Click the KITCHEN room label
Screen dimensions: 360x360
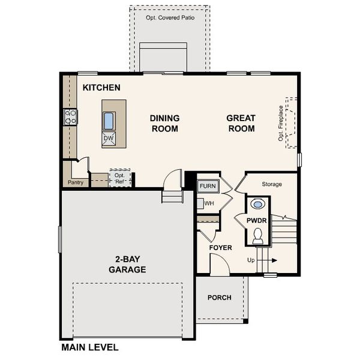coord(101,88)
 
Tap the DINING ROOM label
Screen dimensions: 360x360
coord(164,123)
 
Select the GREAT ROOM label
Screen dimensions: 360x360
coord(241,123)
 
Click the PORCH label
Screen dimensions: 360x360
coord(220,298)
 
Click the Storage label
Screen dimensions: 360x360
coord(271,184)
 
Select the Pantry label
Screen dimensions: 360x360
coord(76,182)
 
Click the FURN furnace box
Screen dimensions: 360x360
coord(208,186)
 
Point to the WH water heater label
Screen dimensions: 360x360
coord(209,203)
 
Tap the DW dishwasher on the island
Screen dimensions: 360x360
coord(109,139)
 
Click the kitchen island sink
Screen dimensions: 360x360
coord(109,121)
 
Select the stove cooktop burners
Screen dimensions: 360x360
coord(71,116)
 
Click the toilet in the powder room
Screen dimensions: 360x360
coord(258,236)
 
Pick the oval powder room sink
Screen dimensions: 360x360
coord(257,205)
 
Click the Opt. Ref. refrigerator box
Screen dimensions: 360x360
coord(119,178)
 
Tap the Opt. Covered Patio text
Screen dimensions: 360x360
coord(169,18)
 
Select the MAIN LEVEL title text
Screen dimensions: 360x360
coord(90,347)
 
